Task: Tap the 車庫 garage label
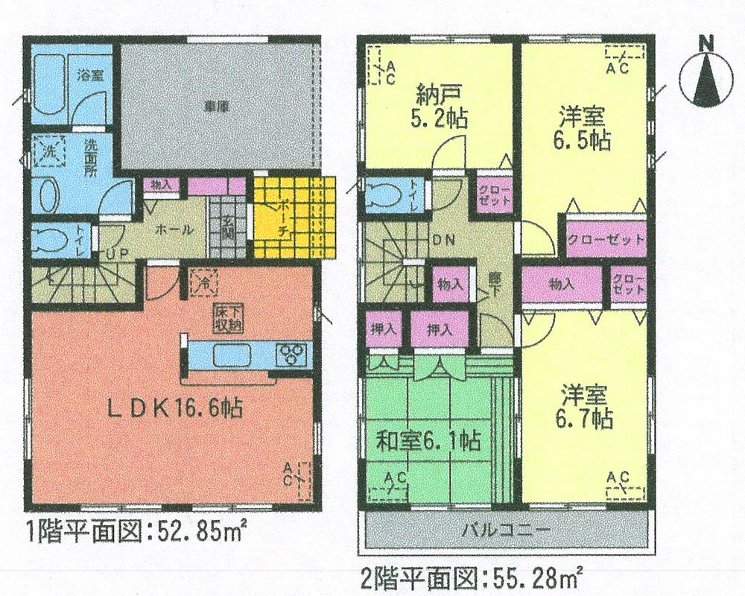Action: coord(216,107)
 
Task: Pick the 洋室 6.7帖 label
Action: coord(583,407)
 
